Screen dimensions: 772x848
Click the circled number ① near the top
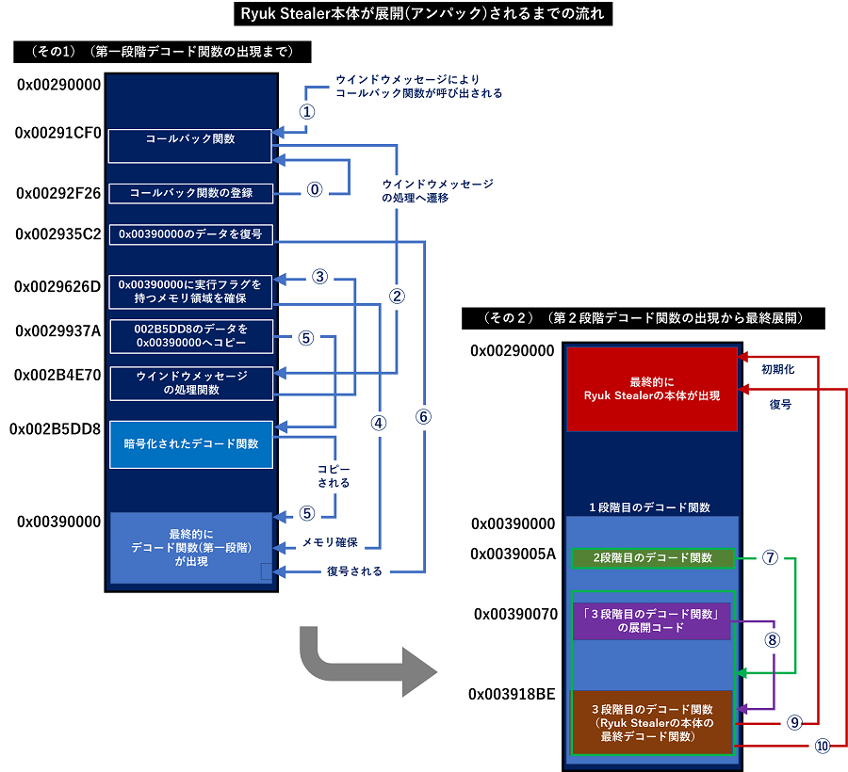(306, 110)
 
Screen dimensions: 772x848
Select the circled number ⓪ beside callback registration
(315, 188)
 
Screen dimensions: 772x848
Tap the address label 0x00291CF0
(57, 133)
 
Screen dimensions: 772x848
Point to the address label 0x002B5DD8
(56, 428)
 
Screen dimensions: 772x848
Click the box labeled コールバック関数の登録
(190, 193)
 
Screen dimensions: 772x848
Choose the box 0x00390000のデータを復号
(190, 233)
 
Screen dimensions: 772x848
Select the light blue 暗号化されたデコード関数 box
(190, 444)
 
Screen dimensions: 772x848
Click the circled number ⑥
(423, 417)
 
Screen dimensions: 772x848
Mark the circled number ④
(379, 423)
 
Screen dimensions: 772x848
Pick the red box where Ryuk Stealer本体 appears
(651, 389)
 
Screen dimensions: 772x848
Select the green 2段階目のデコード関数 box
(651, 557)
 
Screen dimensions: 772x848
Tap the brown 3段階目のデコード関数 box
(651, 722)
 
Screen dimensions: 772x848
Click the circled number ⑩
(822, 746)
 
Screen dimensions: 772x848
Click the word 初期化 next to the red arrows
(777, 370)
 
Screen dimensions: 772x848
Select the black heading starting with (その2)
(643, 318)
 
